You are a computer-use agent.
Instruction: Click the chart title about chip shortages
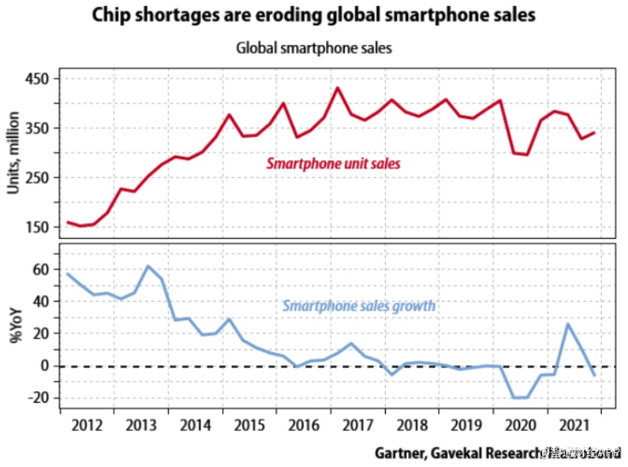coord(314,16)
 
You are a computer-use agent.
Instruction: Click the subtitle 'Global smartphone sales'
coord(314,48)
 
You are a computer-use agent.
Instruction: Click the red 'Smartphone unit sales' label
coord(333,163)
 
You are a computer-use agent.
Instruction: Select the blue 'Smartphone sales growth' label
coord(359,306)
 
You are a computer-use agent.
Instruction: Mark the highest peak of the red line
coord(337,88)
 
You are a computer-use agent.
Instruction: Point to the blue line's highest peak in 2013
coord(148,266)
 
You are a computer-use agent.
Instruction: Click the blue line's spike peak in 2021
coord(567,323)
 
